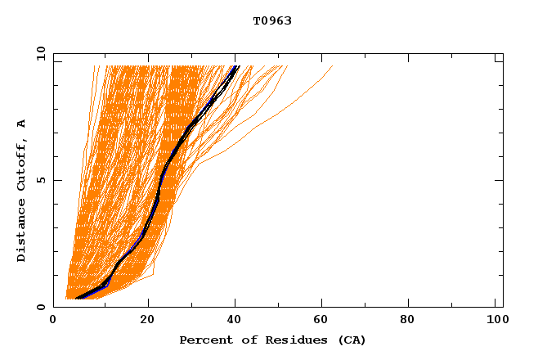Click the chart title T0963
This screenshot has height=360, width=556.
[272, 20]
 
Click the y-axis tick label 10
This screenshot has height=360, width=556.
[39, 54]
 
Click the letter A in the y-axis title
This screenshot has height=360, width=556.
[22, 124]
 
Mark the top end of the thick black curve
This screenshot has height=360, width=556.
[236, 66]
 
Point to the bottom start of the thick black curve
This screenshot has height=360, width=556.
[76, 299]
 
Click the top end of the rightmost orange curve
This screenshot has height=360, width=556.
[333, 66]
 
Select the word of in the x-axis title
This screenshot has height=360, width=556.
[244, 340]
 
